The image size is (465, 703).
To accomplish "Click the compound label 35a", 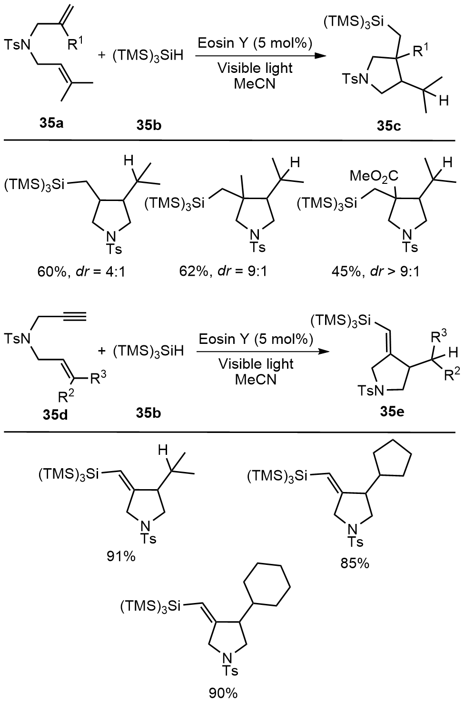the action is [x=53, y=125].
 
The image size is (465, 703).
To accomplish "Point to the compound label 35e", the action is [x=392, y=412].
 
